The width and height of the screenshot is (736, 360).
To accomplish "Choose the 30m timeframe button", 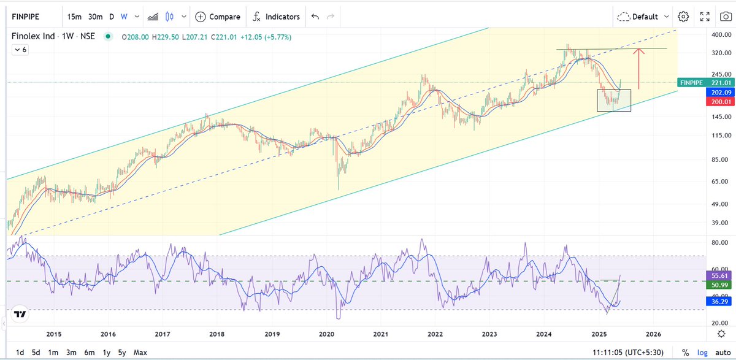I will click(96, 17).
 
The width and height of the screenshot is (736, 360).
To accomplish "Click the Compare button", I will click(217, 17).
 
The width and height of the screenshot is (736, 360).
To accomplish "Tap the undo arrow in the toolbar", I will click(315, 17).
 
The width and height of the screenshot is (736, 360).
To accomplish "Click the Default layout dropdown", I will click(643, 17).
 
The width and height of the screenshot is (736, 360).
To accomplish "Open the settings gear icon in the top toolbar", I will click(683, 17).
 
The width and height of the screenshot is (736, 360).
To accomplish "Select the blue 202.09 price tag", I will click(715, 92).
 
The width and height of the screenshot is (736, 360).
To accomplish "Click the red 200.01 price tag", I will click(715, 102).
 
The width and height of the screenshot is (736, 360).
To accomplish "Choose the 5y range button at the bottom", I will click(122, 353).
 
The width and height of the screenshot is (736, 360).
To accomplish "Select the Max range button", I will click(140, 353).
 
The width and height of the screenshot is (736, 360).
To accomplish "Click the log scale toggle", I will click(702, 353).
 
